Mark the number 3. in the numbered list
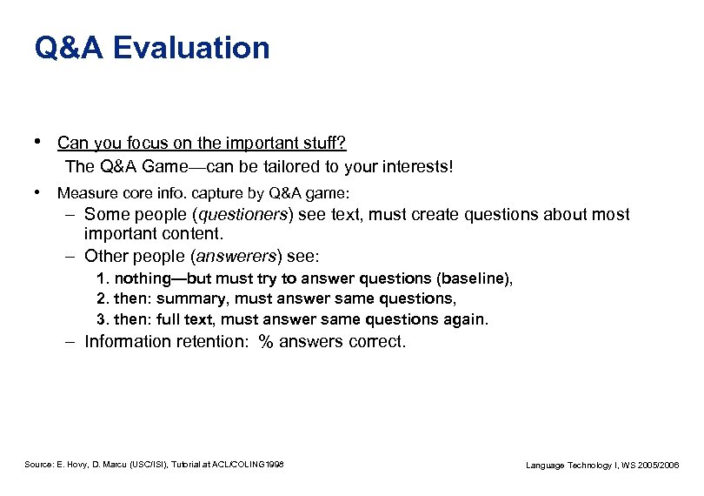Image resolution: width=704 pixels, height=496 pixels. pyautogui.click(x=102, y=319)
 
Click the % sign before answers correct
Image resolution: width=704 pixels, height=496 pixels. pyautogui.click(x=266, y=341)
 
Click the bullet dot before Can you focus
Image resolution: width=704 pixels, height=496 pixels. pyautogui.click(x=37, y=141)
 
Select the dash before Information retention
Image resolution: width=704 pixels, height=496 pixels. pyautogui.click(x=69, y=341)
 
